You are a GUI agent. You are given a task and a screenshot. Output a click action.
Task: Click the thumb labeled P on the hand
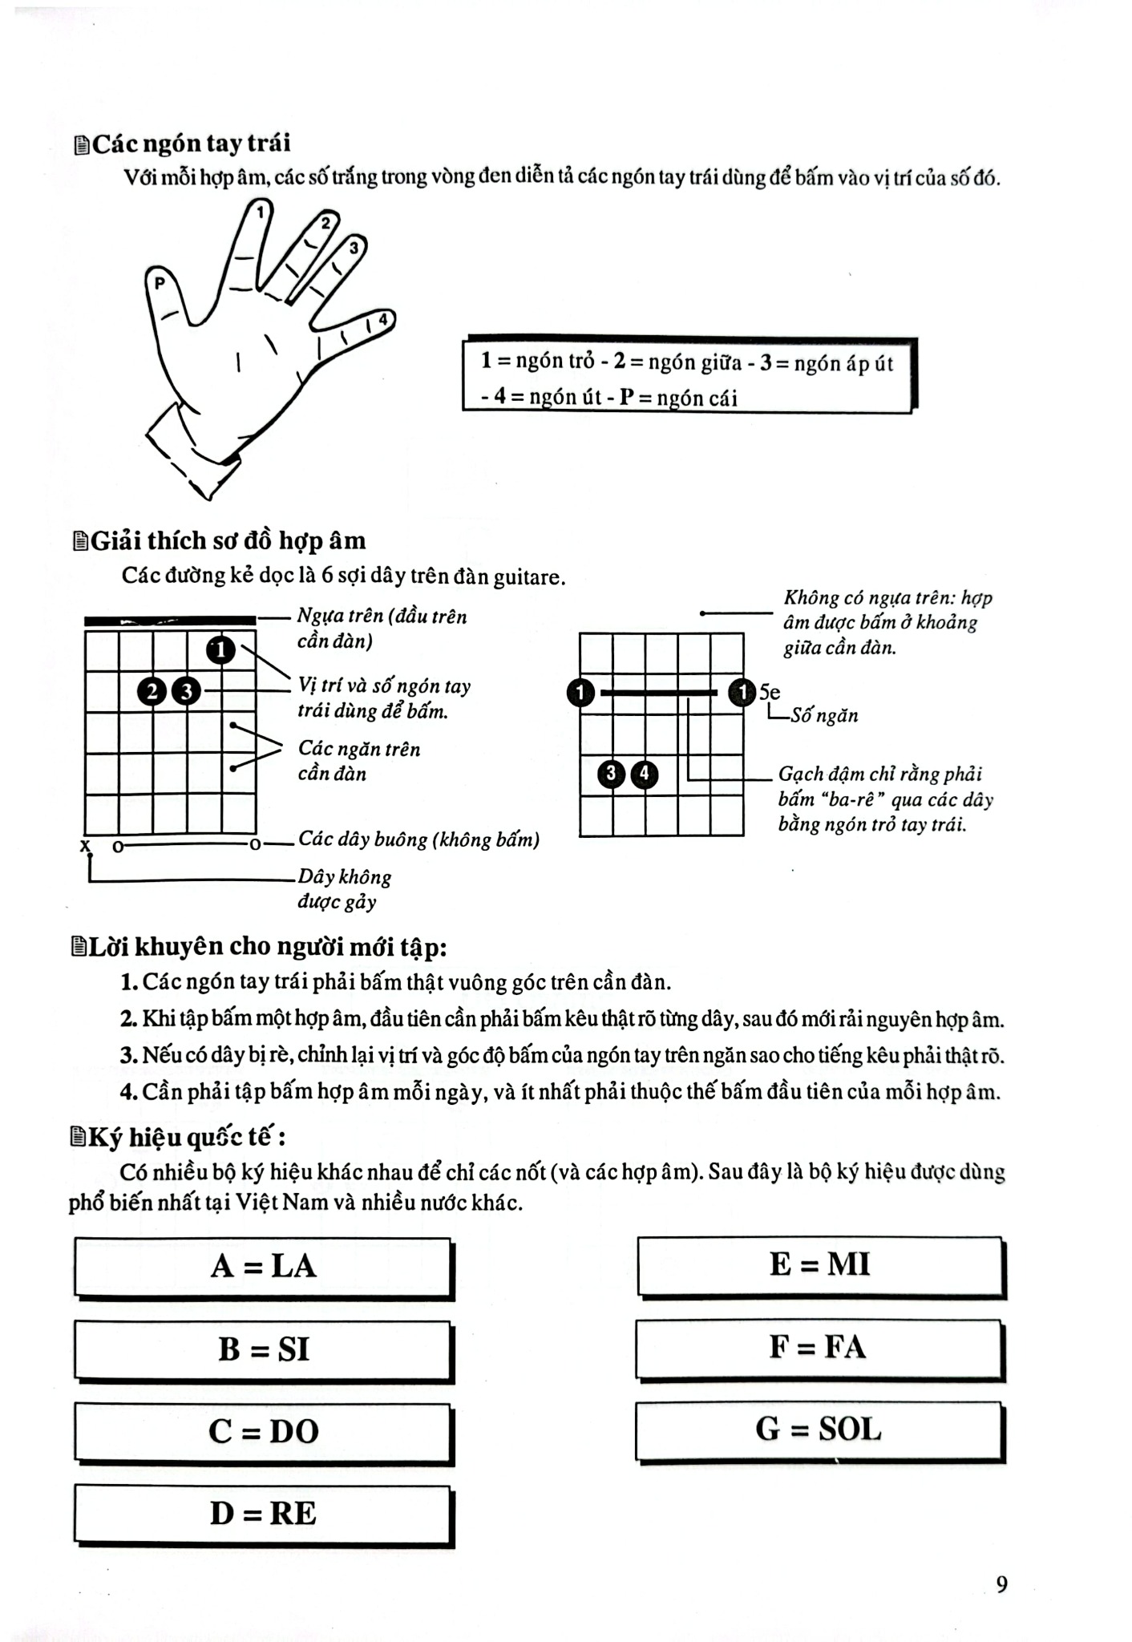pos(160,283)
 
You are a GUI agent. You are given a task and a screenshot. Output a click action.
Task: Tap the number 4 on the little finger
pos(383,320)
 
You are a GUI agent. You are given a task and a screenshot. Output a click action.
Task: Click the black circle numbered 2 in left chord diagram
pos(152,690)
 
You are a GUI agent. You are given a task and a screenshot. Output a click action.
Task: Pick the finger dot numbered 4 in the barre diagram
pos(645,774)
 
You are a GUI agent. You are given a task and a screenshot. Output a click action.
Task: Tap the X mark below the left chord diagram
pos(85,846)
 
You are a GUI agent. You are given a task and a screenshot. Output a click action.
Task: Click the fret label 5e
pos(770,692)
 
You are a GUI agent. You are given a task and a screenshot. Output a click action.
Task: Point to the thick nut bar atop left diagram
pos(170,620)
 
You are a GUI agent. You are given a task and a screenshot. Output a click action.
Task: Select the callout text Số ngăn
pos(824,716)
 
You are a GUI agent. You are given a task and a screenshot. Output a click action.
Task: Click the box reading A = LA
pos(264,1267)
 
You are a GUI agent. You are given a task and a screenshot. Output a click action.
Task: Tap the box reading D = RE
pos(264,1513)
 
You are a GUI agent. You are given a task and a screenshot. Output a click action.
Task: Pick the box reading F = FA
pos(819,1347)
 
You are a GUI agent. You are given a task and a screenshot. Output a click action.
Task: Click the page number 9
pos(1001,1584)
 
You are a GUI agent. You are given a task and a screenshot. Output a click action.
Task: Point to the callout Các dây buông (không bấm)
pos(418,839)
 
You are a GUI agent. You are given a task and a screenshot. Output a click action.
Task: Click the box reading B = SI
pos(264,1349)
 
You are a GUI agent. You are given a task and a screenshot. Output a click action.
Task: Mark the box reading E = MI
pos(820,1264)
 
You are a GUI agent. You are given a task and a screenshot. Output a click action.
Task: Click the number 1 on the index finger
pos(261,212)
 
